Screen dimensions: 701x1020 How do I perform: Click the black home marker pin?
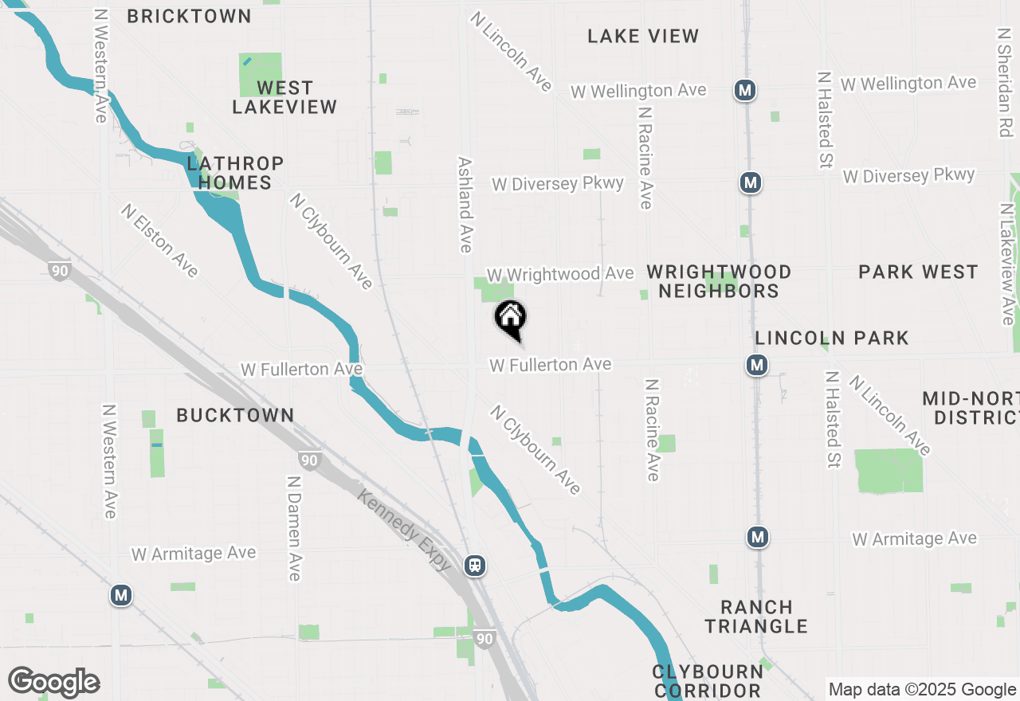[511, 318]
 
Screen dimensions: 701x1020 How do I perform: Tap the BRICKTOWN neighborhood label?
[189, 16]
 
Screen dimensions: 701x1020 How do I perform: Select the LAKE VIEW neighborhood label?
[643, 36]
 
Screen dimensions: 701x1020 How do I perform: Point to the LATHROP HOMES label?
[235, 173]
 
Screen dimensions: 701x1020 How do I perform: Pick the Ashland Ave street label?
[465, 204]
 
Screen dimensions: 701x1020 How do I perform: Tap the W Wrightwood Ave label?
[560, 274]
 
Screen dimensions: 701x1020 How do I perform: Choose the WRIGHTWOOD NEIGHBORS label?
[719, 281]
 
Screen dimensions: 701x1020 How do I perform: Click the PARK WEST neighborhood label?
[918, 272]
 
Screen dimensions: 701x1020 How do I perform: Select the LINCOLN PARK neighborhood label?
[832, 338]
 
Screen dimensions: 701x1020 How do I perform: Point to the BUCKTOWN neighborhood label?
[235, 415]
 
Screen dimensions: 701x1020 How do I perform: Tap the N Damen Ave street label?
[294, 528]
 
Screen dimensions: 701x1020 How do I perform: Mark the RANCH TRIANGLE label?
[756, 617]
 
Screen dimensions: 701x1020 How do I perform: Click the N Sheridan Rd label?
[1005, 83]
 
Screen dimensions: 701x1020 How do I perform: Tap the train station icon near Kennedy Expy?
[475, 566]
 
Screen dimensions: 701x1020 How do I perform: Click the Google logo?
[53, 683]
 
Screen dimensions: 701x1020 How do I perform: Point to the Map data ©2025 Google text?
[922, 690]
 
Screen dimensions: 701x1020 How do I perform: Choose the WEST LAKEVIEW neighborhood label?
[284, 97]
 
